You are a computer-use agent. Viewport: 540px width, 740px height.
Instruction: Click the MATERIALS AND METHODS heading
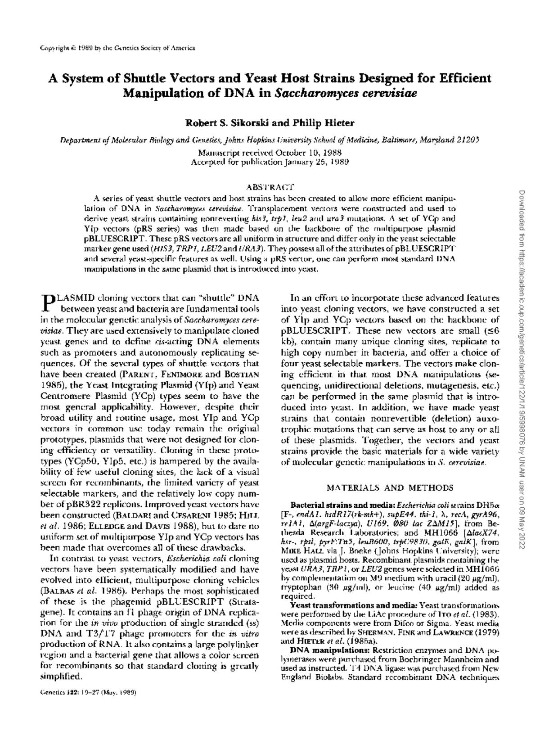389,487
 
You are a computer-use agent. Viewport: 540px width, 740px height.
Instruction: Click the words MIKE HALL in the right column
301,550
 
